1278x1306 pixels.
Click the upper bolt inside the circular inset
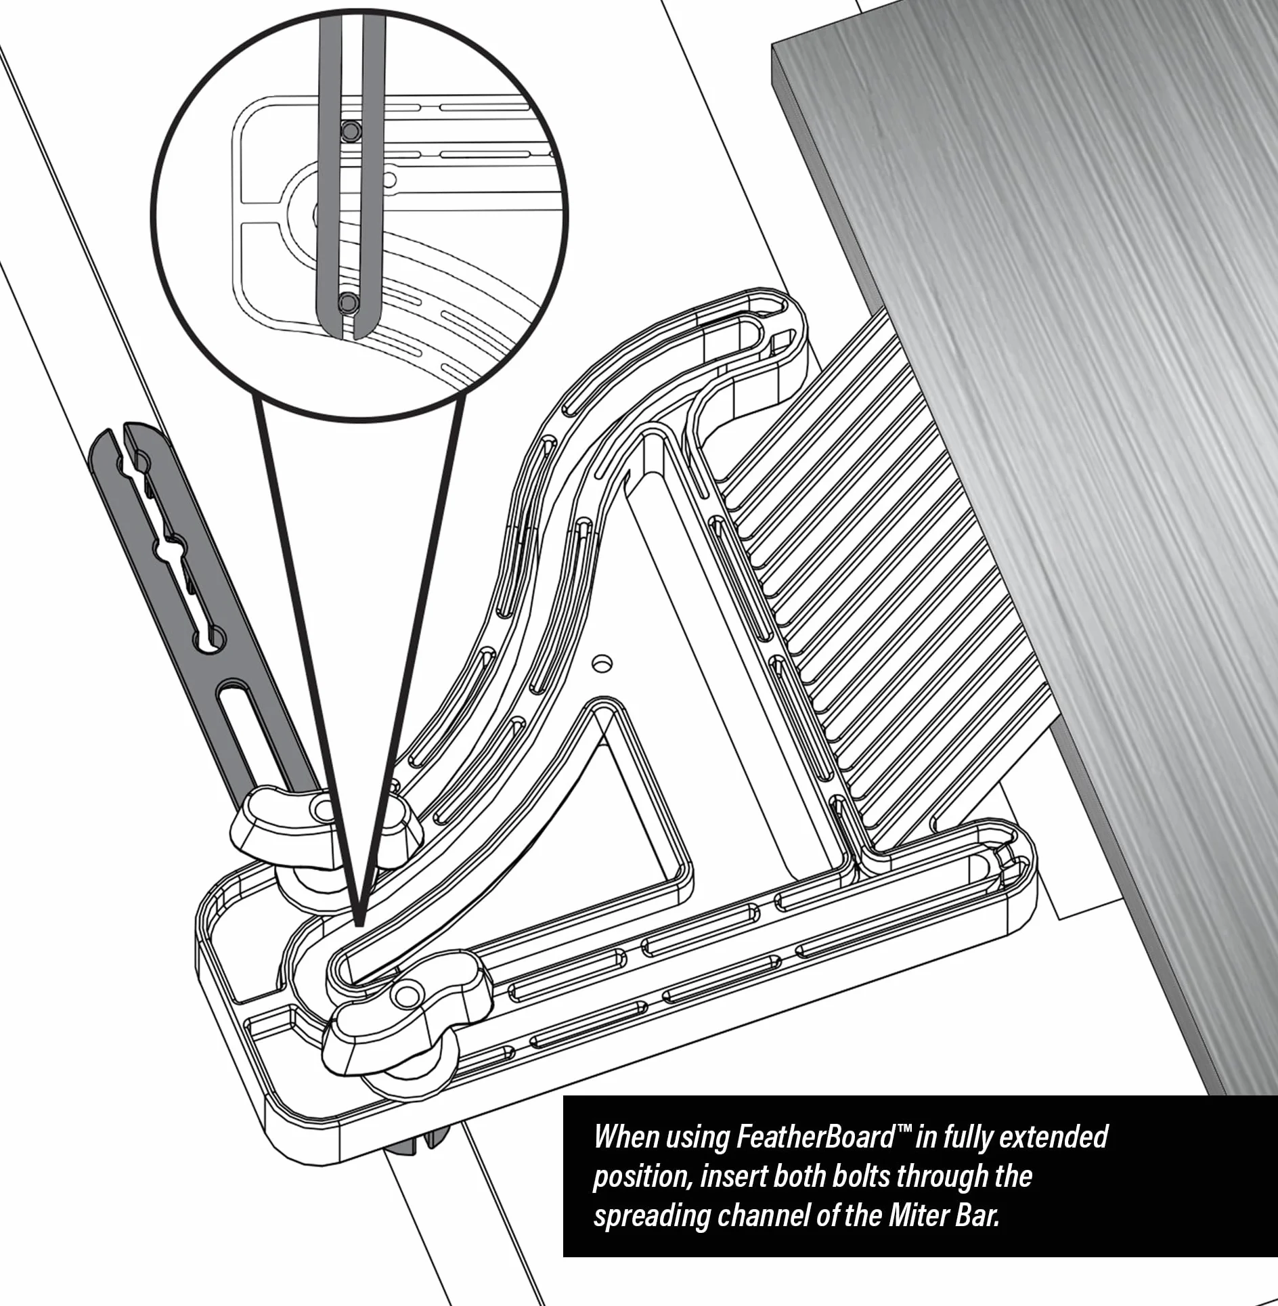pyautogui.click(x=351, y=131)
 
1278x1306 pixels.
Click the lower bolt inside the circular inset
pyautogui.click(x=348, y=301)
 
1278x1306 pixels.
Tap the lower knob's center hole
pyautogui.click(x=407, y=995)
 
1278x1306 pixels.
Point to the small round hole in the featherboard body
pyautogui.click(x=602, y=661)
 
